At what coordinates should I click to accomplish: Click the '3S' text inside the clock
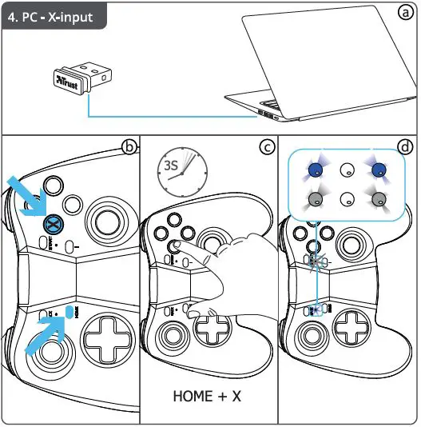169,166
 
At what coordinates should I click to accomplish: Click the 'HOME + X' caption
208,396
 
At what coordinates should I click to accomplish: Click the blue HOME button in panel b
70,310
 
